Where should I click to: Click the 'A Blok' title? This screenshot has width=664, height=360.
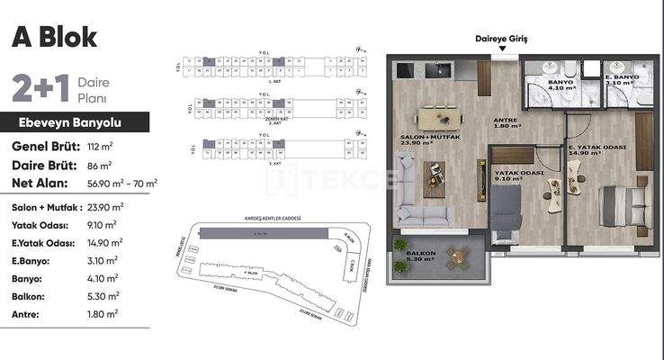54,37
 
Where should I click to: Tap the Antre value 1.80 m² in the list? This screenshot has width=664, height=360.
103,313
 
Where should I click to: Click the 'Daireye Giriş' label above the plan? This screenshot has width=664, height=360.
504,39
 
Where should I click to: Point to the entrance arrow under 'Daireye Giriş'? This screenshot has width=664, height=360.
504,50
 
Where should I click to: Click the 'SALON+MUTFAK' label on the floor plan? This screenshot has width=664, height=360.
428,138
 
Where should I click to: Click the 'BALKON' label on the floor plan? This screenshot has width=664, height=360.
419,254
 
